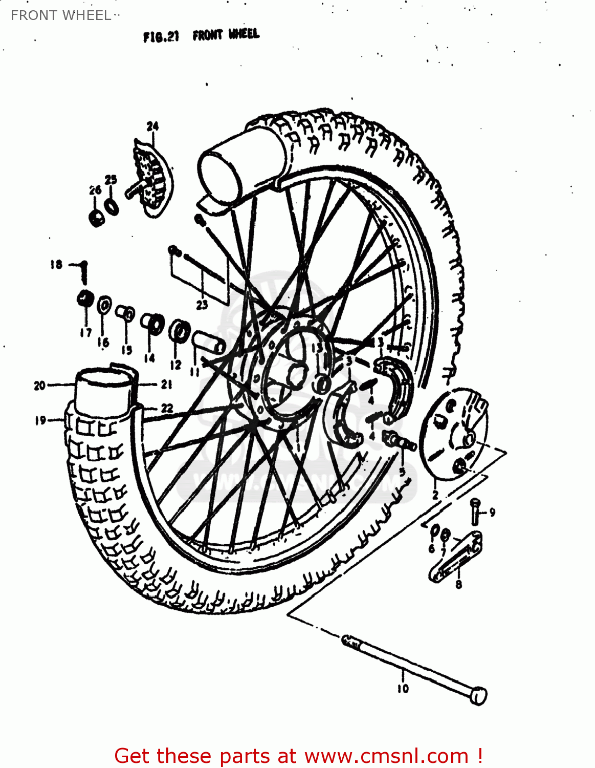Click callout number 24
(152, 126)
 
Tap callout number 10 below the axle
(403, 689)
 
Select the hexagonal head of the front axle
(478, 696)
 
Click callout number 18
(56, 265)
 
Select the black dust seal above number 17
(84, 298)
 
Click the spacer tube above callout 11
(208, 342)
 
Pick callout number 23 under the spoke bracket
(202, 305)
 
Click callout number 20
(40, 386)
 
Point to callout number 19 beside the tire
(40, 420)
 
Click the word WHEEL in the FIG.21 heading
(244, 35)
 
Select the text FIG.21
(161, 37)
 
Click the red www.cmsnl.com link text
(386, 756)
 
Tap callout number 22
(167, 408)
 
